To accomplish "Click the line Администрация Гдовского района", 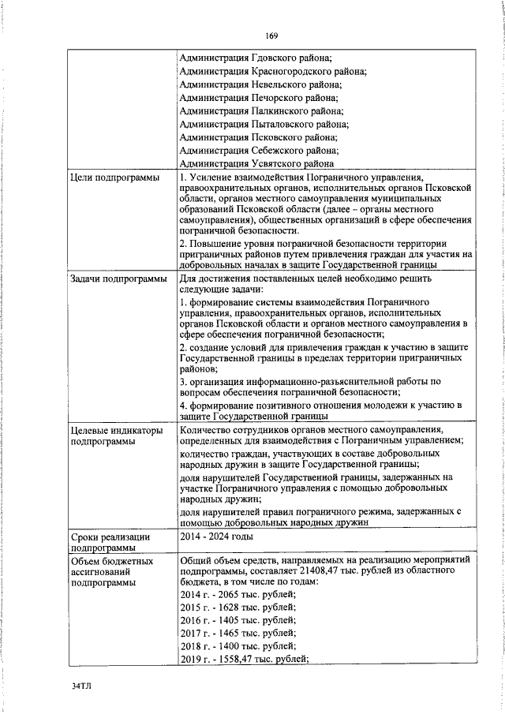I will (x=256, y=58).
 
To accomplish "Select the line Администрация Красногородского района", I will (x=272, y=71).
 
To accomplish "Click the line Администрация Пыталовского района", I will (x=264, y=125).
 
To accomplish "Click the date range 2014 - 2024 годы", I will (x=215, y=536).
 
